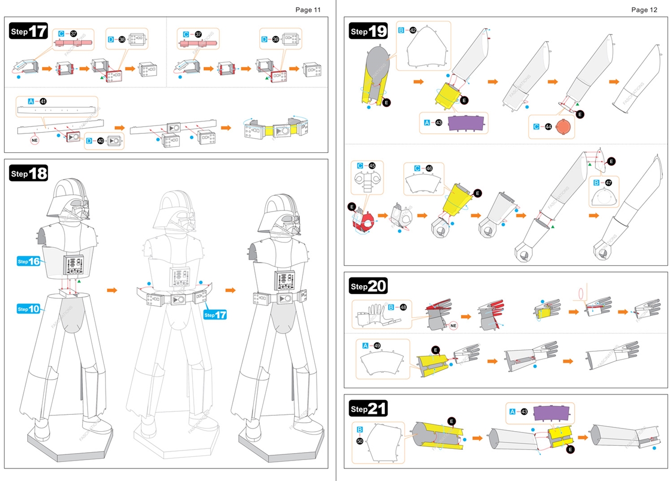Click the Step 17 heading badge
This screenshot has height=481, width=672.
pyautogui.click(x=29, y=31)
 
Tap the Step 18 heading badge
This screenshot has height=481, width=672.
pyautogui.click(x=29, y=173)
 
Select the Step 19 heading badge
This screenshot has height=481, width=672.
pyautogui.click(x=368, y=32)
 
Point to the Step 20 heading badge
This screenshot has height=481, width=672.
pyautogui.click(x=368, y=286)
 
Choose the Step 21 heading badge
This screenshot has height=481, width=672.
pyautogui.click(x=368, y=409)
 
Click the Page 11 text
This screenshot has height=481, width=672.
pyautogui.click(x=308, y=9)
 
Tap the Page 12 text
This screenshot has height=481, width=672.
pyautogui.click(x=644, y=9)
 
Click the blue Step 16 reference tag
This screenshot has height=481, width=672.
pyautogui.click(x=29, y=261)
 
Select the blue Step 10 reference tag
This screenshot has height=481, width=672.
pyautogui.click(x=29, y=308)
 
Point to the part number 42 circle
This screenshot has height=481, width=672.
pyautogui.click(x=413, y=30)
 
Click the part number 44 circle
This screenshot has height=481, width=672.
pyautogui.click(x=549, y=126)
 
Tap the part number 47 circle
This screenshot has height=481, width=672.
pyautogui.click(x=608, y=183)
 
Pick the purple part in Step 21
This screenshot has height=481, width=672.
pyautogui.click(x=552, y=412)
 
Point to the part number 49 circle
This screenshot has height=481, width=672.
pyautogui.click(x=377, y=346)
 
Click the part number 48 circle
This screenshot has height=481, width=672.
pyautogui.click(x=403, y=307)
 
